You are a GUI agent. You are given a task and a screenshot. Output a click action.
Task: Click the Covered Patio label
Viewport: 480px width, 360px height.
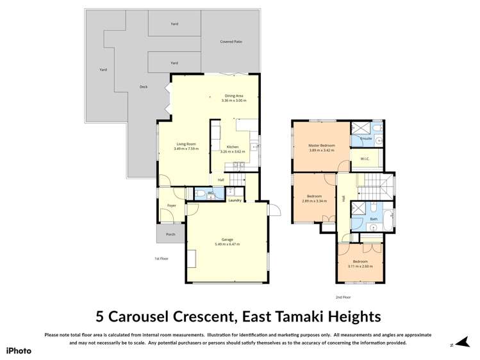231,42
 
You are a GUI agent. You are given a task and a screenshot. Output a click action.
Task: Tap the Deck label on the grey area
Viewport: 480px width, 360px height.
144,86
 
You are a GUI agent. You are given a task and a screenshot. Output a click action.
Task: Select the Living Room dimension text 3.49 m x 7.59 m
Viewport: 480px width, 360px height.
186,149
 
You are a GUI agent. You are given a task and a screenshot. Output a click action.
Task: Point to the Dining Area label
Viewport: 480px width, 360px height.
233,95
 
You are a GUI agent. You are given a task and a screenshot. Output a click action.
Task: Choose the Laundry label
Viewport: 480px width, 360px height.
235,200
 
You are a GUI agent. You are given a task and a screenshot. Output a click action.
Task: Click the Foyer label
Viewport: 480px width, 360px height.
171,206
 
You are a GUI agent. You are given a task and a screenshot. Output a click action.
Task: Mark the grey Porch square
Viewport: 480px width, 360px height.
170,234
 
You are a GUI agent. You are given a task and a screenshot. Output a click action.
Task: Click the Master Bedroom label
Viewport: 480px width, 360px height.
322,145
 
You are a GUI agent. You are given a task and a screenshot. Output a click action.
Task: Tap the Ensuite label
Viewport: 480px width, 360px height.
367,138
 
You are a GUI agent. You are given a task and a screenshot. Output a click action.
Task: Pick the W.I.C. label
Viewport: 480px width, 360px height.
365,160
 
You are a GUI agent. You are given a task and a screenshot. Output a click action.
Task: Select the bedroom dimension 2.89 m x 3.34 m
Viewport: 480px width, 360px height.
314,200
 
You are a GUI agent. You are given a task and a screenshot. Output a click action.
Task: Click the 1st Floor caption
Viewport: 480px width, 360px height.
161,259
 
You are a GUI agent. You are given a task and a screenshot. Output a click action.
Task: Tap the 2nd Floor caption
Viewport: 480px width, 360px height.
343,297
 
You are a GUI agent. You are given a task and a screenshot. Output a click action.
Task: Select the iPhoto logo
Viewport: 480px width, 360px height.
19,350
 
